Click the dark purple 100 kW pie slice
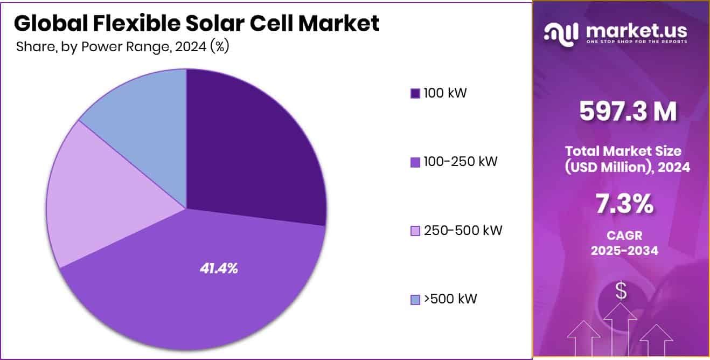click(x=253, y=146)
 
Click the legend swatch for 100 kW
click(x=415, y=93)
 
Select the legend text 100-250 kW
click(x=460, y=162)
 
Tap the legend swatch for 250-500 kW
click(x=415, y=231)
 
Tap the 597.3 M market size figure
click(x=628, y=112)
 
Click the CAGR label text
click(x=624, y=236)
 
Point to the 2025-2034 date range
click(x=624, y=250)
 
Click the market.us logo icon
click(x=561, y=33)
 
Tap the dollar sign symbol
click(x=621, y=292)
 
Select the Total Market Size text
click(x=623, y=151)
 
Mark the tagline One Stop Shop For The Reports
click(x=636, y=41)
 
